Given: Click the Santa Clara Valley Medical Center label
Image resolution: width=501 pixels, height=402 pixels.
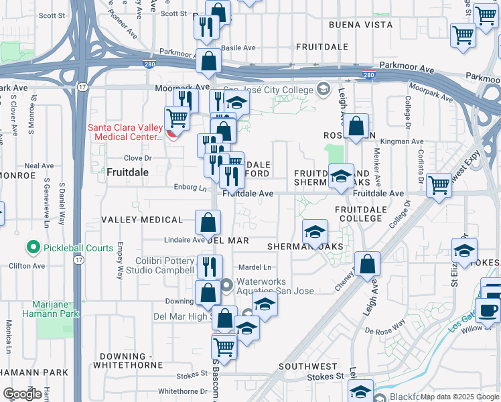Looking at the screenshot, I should pyautogui.click(x=127, y=132).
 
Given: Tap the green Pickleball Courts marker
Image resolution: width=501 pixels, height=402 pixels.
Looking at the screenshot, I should pyautogui.click(x=32, y=248).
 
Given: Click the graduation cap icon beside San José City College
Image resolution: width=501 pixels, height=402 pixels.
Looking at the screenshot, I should pyautogui.click(x=323, y=90).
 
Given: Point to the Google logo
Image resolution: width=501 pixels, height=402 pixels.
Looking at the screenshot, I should pyautogui.click(x=21, y=394).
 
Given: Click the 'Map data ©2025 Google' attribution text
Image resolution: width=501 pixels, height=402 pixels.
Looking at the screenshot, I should pyautogui.click(x=459, y=397).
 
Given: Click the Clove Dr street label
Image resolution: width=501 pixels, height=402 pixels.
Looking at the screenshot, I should pyautogui.click(x=139, y=159).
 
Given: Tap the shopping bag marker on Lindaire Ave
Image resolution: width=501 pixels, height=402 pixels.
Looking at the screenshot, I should pyautogui.click(x=208, y=222).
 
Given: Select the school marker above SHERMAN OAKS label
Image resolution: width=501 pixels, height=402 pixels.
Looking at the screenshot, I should pyautogui.click(x=314, y=232).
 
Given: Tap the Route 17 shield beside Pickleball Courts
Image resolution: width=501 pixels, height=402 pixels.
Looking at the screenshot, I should pyautogui.click(x=79, y=259).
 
